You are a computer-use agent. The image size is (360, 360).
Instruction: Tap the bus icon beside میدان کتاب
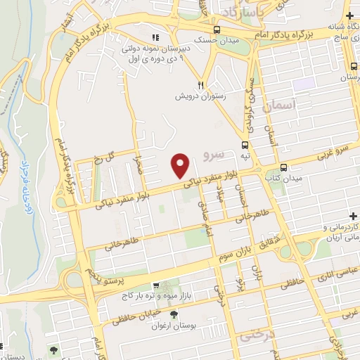click(283, 168)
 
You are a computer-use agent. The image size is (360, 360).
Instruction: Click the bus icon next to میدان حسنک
click(217, 30)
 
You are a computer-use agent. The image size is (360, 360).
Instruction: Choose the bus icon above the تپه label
click(246, 141)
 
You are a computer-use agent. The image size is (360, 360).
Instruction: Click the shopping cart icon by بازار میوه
click(156, 286)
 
